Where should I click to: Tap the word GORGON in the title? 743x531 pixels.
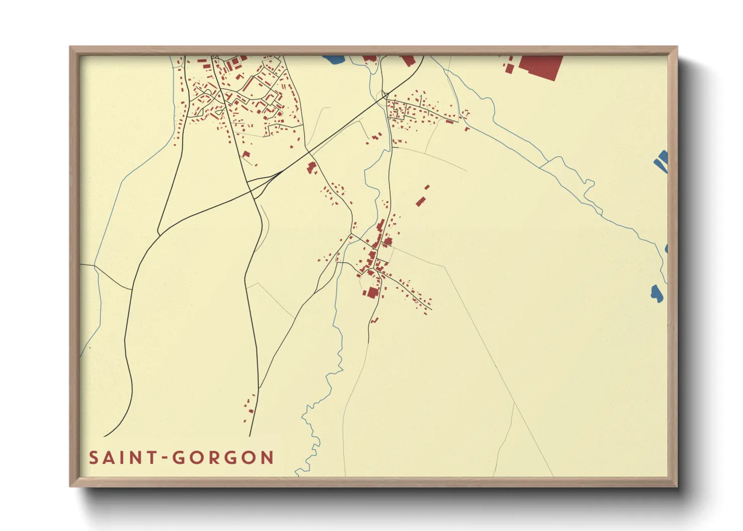223,457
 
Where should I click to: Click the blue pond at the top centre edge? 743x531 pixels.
333,59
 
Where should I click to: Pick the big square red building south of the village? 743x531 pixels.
372,292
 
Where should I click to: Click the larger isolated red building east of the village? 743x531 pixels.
420,201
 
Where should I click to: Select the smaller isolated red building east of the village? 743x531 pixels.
427,187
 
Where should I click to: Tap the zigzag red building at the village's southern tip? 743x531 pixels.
374,319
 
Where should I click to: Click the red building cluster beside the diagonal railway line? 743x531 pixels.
312,168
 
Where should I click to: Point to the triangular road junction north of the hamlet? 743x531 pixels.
385,94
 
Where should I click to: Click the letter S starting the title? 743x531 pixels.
93,457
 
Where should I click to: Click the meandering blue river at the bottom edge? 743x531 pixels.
311,442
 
